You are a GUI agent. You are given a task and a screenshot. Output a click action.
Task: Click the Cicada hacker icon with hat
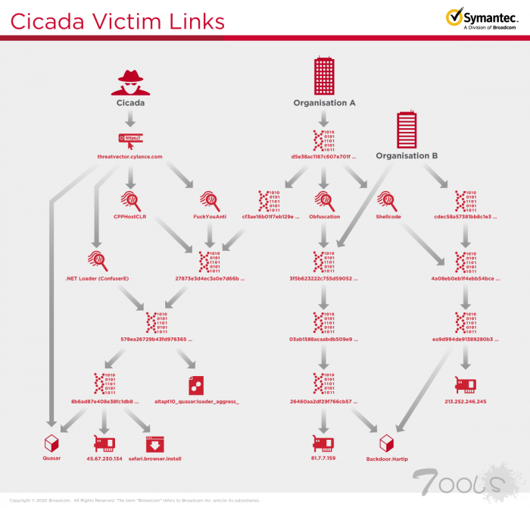pyautogui.click(x=130, y=80)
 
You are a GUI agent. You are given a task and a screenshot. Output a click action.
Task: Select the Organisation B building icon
pyautogui.click(x=407, y=130)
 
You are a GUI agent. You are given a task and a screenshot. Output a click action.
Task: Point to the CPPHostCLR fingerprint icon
pyautogui.click(x=130, y=200)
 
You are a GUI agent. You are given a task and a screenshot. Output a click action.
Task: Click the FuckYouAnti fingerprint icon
pyautogui.click(x=210, y=200)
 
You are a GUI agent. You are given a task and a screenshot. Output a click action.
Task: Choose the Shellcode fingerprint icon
pyautogui.click(x=388, y=200)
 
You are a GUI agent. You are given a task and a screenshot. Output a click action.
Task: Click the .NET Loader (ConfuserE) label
pyautogui.click(x=97, y=278)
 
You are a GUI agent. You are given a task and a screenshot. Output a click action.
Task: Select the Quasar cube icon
pyautogui.click(x=51, y=442)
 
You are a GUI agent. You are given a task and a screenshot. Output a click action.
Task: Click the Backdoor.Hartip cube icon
pyautogui.click(x=388, y=442)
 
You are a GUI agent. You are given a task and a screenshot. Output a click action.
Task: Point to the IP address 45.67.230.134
pyautogui.click(x=104, y=459)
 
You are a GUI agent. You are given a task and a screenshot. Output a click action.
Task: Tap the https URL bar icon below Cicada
pyautogui.click(x=130, y=138)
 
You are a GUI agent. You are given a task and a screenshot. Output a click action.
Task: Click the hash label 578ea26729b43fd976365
pyautogui.click(x=157, y=338)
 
